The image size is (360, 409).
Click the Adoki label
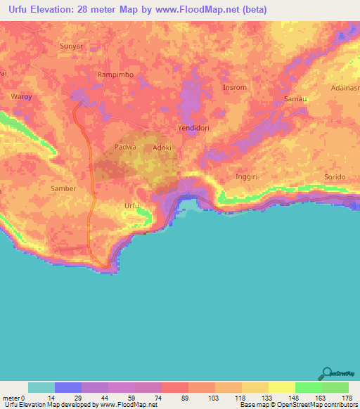[x=162, y=148]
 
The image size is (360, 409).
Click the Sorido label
[x=335, y=177]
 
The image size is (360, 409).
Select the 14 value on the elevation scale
[x=41, y=398]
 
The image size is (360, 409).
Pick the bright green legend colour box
[x=308, y=387]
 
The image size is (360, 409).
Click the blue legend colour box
[x=68, y=387]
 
